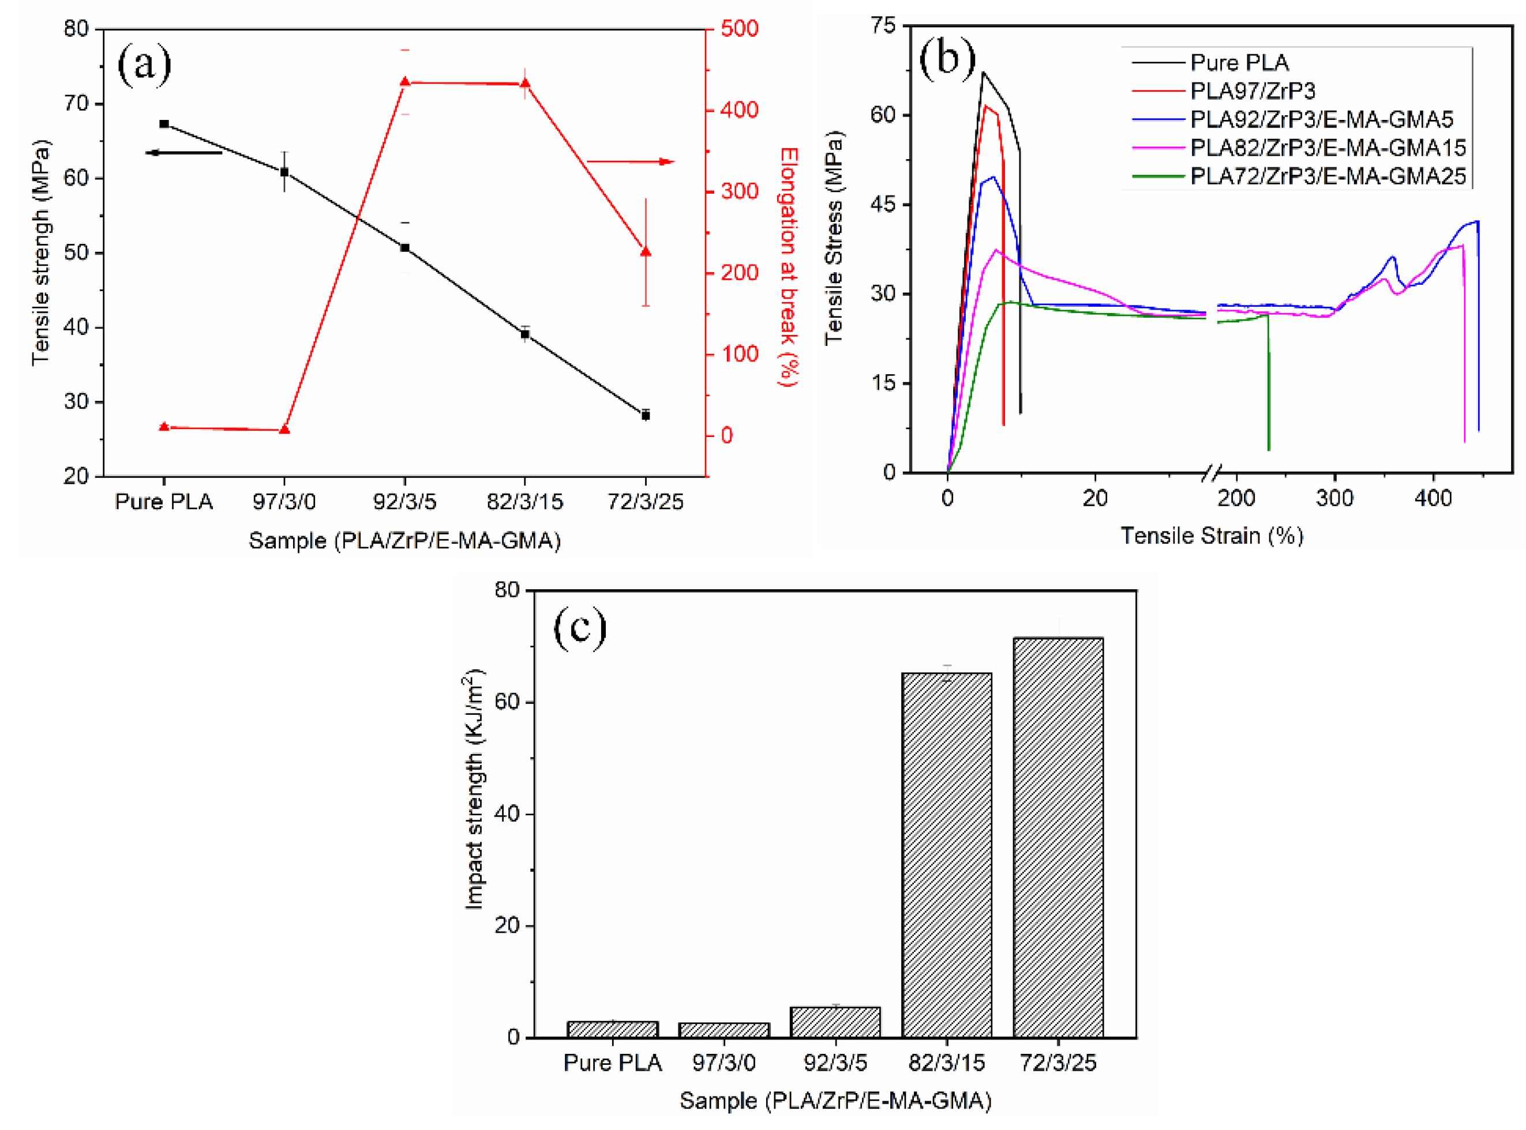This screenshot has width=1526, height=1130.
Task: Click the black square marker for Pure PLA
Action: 164,124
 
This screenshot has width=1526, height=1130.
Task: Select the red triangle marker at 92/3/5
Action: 404,82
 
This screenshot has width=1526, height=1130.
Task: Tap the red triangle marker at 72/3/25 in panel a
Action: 645,252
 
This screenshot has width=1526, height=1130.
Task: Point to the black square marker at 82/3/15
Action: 525,334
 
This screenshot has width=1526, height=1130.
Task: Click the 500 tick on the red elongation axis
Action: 740,29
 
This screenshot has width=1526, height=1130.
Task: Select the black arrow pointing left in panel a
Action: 183,153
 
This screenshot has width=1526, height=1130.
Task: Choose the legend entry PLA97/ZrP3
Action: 1253,91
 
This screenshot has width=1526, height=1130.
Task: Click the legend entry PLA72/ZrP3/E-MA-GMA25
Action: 1328,176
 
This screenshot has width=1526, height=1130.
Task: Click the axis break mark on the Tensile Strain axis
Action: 1212,472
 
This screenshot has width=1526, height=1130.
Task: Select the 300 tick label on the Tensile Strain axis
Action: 1334,498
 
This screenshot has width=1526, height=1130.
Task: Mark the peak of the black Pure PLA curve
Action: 983,72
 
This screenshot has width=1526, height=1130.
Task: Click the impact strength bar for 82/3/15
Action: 946,855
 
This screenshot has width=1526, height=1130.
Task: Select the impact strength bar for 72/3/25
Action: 1058,838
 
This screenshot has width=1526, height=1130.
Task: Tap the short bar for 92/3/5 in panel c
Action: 835,1022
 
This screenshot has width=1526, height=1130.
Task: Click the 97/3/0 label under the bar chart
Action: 723,1063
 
